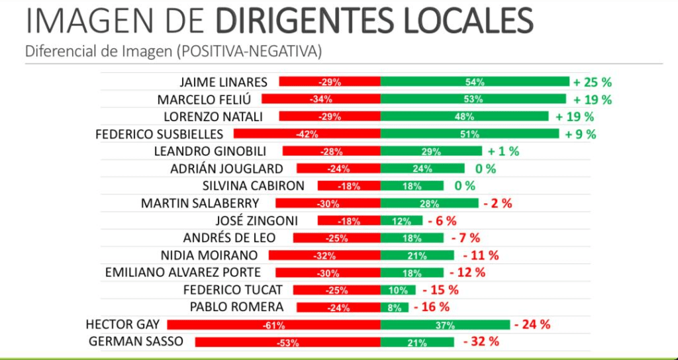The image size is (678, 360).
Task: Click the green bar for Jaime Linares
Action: (x=475, y=82)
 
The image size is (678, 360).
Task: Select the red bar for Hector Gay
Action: (x=273, y=325)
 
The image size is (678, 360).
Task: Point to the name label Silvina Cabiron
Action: (x=253, y=186)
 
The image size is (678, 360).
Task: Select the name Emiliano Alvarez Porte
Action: (x=183, y=273)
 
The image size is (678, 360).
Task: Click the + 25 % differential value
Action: (x=593, y=82)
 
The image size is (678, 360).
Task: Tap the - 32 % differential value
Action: (x=481, y=342)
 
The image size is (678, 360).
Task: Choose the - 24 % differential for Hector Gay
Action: (x=532, y=325)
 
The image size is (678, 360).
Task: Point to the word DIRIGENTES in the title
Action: (x=293, y=21)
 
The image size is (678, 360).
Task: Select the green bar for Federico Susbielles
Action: (x=469, y=134)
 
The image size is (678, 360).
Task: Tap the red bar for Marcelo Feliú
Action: (x=321, y=99)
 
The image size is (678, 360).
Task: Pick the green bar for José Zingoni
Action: (x=401, y=220)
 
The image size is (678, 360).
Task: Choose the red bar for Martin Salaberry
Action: (x=328, y=203)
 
